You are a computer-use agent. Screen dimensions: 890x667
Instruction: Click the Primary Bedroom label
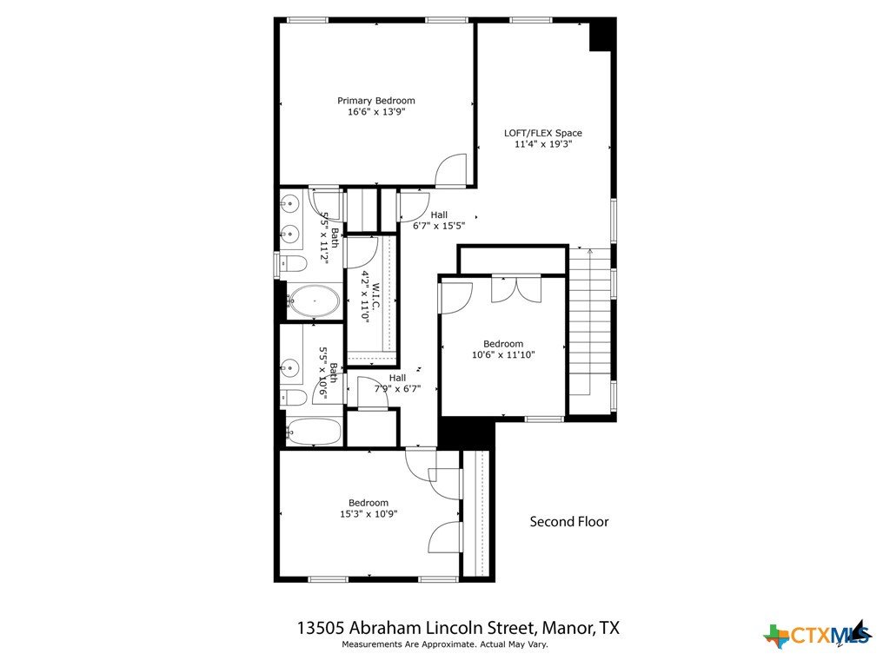pos(375,101)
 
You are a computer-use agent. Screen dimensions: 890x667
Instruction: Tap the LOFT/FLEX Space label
pos(543,133)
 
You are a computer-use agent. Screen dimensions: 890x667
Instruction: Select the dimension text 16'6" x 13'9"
pos(376,112)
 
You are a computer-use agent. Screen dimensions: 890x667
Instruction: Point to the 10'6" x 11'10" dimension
pos(503,355)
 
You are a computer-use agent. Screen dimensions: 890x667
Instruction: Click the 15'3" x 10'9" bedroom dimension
pos(369,514)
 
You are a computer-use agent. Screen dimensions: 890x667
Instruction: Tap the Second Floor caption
pos(569,522)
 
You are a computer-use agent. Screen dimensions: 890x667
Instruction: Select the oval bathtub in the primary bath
pos(314,301)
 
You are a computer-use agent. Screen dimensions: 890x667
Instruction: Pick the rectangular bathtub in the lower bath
pos(314,433)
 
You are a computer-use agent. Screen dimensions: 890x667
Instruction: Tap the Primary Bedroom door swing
pos(451,169)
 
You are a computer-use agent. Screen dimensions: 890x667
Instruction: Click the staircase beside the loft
pos(589,321)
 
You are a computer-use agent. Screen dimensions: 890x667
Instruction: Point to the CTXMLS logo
pos(818,634)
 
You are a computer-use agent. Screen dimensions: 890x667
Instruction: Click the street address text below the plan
pos(458,628)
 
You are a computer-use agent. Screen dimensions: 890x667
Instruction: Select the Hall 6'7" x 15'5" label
pos(439,220)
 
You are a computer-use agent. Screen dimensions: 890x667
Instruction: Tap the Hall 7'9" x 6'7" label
pos(397,383)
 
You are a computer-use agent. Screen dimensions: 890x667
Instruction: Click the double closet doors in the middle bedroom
pos(516,289)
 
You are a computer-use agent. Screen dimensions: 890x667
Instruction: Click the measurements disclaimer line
pos(444,644)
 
